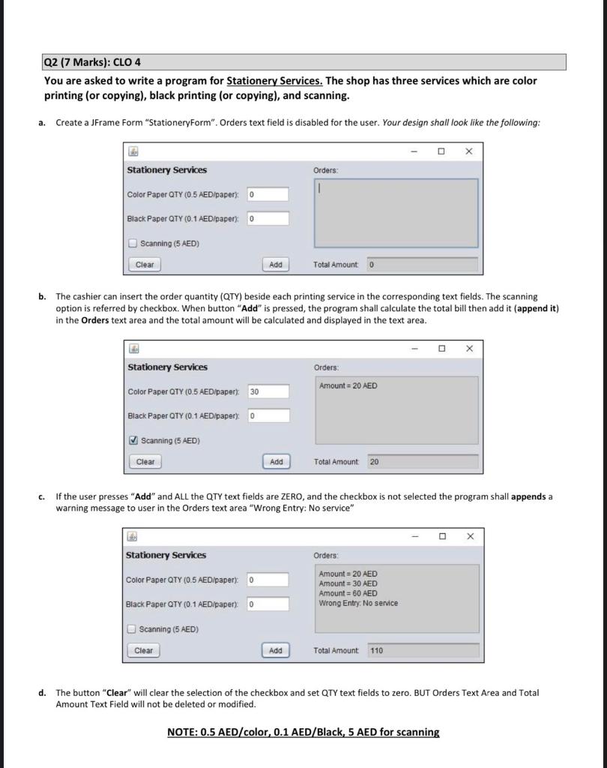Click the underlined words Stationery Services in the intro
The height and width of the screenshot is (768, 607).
pos(274,80)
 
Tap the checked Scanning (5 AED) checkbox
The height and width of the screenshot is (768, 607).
pos(133,440)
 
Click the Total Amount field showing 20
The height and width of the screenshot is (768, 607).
pos(422,462)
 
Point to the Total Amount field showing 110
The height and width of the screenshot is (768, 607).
pos(422,650)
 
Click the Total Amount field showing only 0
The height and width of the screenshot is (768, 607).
pos(421,264)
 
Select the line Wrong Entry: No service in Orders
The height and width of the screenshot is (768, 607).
pos(358,603)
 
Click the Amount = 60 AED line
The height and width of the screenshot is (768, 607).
pos(348,593)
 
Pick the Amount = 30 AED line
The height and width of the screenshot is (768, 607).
pos(348,583)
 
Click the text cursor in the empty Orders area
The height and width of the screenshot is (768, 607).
pos(319,191)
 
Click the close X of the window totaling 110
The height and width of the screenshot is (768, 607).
pos(469,536)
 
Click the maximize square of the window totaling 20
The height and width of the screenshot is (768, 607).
pos(442,348)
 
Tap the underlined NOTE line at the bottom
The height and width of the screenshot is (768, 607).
pos(303,732)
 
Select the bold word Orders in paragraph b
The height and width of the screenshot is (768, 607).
pos(95,320)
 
